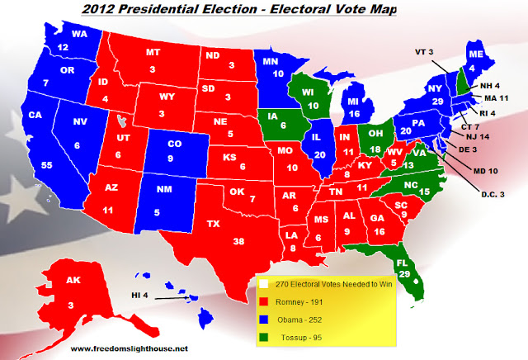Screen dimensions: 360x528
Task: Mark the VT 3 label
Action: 424,51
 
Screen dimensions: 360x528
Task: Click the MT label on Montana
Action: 152,52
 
